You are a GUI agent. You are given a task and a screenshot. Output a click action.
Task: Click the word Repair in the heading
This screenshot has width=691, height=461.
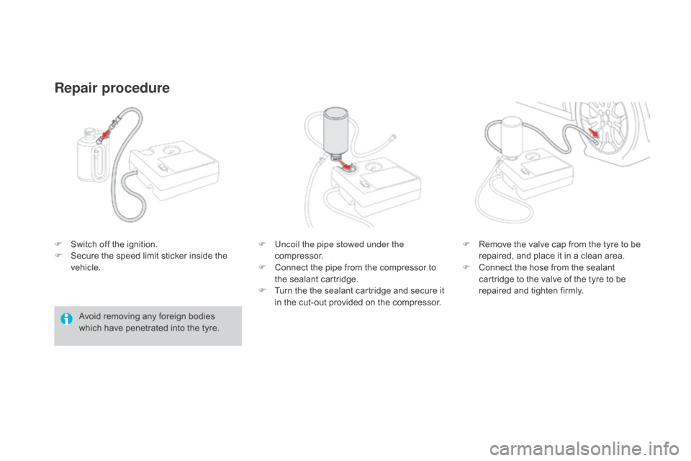pos(76,89)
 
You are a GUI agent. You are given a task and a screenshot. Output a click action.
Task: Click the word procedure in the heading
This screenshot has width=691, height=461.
pos(135,89)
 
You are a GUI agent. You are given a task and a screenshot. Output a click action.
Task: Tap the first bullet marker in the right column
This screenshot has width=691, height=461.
pos(465,245)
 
